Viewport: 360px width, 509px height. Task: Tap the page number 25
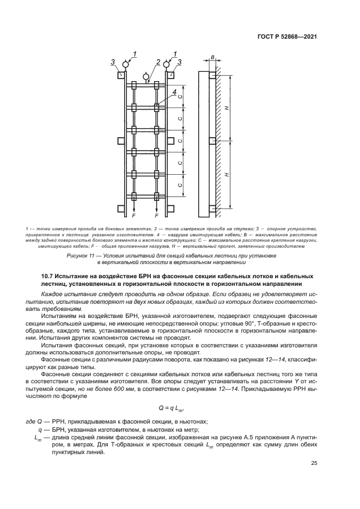click(x=314, y=463)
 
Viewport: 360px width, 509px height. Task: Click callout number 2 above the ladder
click(x=157, y=62)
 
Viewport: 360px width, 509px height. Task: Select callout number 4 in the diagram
click(x=174, y=93)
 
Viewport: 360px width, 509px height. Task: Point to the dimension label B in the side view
click(x=213, y=56)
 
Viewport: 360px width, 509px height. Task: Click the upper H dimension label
click(x=229, y=107)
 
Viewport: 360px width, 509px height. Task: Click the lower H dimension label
click(x=229, y=174)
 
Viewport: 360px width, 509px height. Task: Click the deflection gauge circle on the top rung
click(x=145, y=75)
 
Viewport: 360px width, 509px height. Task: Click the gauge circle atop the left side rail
click(x=125, y=64)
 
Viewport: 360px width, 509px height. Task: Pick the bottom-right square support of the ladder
click(x=170, y=208)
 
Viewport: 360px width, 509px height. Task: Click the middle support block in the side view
click(x=212, y=141)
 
